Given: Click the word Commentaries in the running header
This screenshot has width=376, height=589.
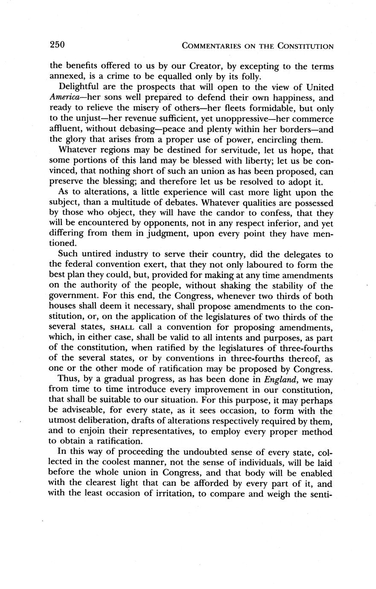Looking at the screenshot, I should [212, 46].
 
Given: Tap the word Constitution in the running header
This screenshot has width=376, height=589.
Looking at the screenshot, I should [303, 46].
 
